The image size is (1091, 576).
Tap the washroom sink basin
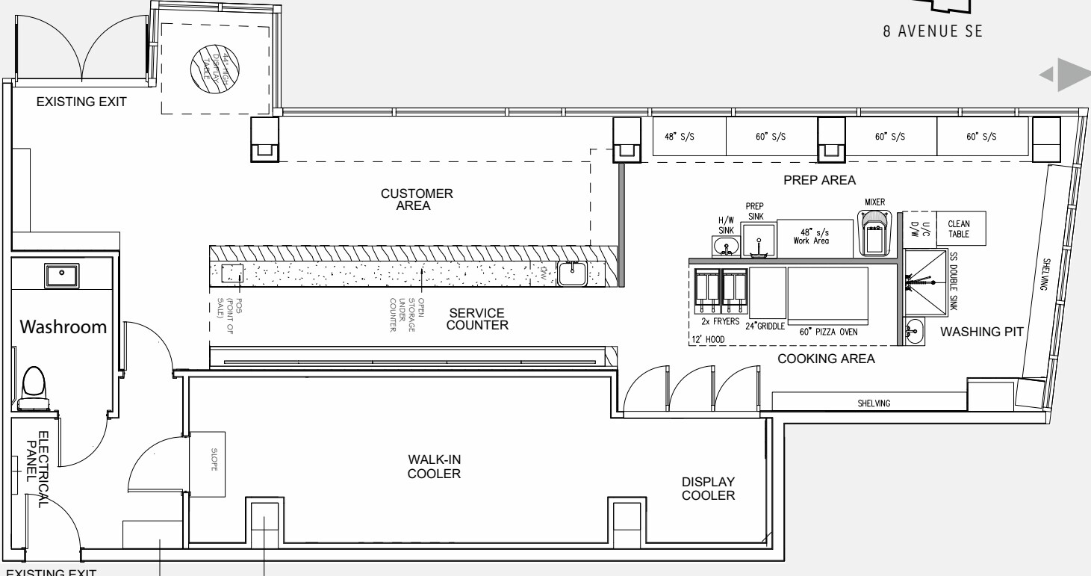click(62, 274)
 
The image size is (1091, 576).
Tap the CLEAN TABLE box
click(958, 228)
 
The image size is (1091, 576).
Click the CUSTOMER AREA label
click(417, 199)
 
